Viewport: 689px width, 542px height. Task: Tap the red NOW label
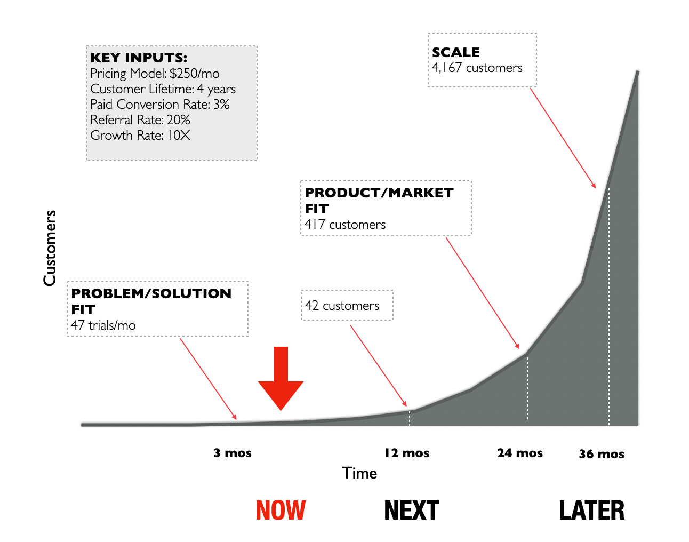click(281, 510)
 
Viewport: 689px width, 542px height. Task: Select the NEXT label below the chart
click(411, 510)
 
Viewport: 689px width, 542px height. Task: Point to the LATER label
click(591, 510)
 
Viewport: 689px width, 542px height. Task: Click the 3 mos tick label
click(233, 453)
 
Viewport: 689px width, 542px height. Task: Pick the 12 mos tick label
click(407, 453)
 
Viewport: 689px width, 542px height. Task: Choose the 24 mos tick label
click(520, 453)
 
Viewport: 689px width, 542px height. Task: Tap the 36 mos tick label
click(602, 454)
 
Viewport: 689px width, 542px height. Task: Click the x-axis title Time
click(359, 473)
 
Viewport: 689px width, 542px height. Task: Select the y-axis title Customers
click(50, 248)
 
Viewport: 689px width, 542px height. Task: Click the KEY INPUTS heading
click(139, 58)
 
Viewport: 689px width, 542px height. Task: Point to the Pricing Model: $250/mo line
click(155, 74)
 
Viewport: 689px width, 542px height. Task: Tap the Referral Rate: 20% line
click(140, 120)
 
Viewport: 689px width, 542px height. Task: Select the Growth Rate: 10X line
click(140, 135)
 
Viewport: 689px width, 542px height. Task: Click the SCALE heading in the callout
click(456, 52)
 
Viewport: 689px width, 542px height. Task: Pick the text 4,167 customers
click(477, 68)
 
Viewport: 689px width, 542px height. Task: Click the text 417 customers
click(345, 225)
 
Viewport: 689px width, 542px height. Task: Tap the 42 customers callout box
click(347, 306)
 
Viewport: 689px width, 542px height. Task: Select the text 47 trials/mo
click(103, 325)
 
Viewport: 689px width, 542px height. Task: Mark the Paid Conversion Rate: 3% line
click(160, 105)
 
